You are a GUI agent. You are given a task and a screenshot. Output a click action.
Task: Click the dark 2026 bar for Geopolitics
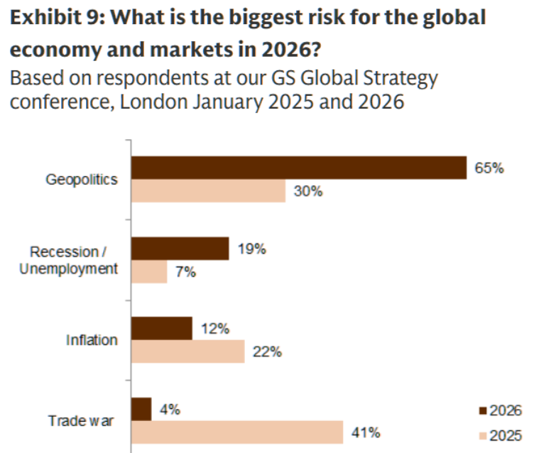point(299,168)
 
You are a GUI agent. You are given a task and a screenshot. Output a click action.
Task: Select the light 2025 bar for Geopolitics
point(209,191)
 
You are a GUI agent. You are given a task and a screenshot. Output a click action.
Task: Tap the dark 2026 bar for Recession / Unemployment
point(180,249)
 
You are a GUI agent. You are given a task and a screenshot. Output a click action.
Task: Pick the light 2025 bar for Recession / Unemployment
point(149,272)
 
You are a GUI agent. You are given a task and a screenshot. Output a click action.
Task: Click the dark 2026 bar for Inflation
point(162,328)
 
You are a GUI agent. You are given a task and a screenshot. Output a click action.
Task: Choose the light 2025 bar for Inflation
point(188,351)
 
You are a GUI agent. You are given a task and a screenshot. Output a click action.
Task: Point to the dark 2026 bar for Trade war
point(141,409)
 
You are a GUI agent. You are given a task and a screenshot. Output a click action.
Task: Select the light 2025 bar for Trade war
point(237,432)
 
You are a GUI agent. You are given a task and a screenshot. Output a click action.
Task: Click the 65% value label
point(489,168)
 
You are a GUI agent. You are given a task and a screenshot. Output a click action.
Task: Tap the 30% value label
point(308,192)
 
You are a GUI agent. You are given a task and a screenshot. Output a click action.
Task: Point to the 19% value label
point(251,249)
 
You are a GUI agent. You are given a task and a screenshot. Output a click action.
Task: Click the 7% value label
point(185,273)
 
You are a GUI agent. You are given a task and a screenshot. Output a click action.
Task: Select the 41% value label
point(366,432)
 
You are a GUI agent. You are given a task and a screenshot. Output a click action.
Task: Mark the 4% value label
point(170,410)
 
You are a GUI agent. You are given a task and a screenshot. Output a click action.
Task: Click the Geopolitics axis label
point(82,179)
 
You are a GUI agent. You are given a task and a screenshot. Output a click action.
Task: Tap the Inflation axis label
point(92,339)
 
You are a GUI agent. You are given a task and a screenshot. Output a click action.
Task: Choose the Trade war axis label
point(82,420)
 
